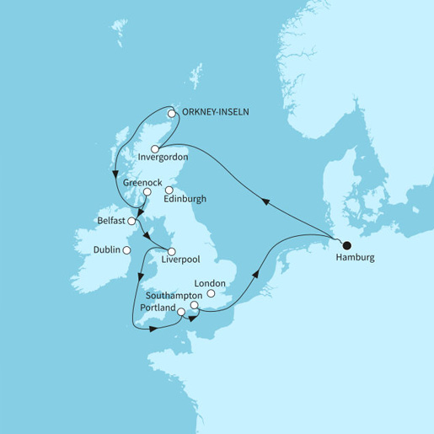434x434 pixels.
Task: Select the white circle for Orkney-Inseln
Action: [x=171, y=112]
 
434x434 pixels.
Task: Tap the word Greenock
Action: [x=142, y=181]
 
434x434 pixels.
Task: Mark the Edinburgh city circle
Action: [x=169, y=190]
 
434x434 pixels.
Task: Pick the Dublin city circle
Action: [x=126, y=249]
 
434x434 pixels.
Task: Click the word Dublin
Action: [x=105, y=249]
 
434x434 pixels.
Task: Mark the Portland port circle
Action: [x=182, y=310]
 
